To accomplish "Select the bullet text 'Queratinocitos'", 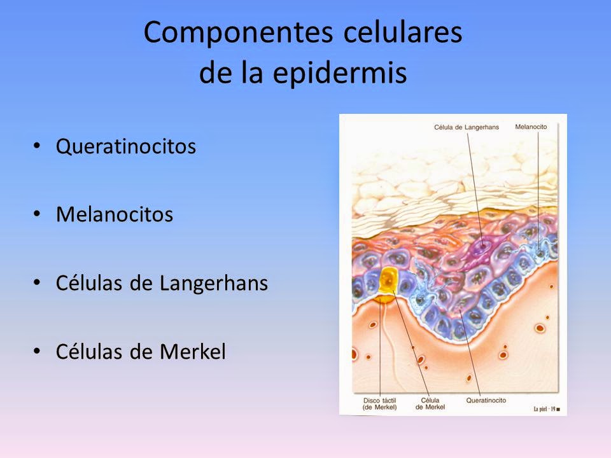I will point(125,147).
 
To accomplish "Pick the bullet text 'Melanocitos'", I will point(115,215).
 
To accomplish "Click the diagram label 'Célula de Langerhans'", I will point(467,127).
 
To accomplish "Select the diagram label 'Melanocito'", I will point(531,127).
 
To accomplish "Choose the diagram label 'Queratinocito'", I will point(486,401).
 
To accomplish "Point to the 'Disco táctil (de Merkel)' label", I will point(380,404).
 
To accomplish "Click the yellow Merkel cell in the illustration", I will point(388,280).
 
